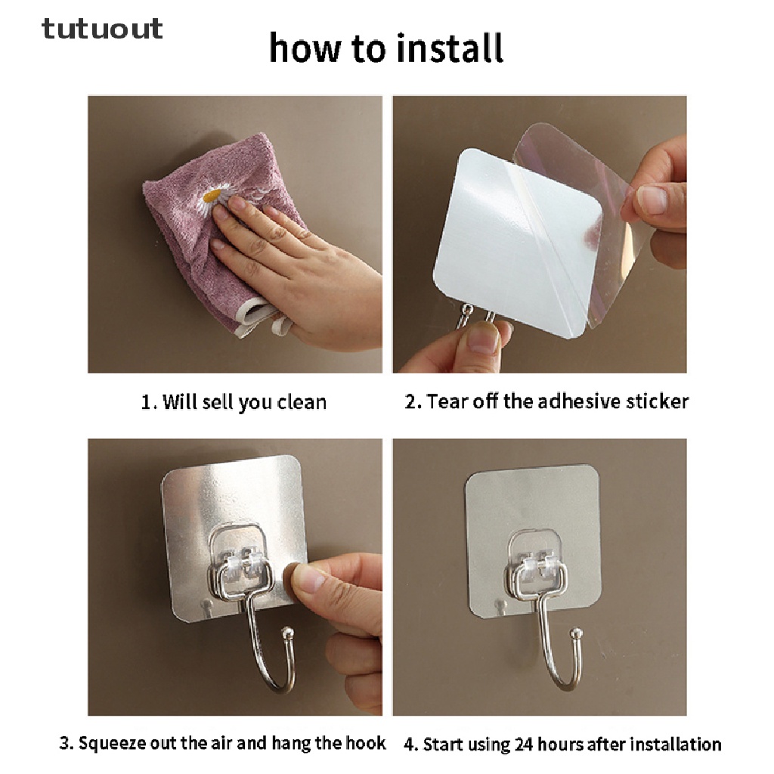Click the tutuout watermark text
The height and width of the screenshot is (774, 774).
102,28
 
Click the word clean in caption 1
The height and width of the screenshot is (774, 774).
302,402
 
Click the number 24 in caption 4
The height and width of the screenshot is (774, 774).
525,744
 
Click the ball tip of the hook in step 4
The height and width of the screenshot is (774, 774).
575,633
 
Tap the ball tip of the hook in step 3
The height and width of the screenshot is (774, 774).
287,633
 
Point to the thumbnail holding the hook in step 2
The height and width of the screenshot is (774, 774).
482,338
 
